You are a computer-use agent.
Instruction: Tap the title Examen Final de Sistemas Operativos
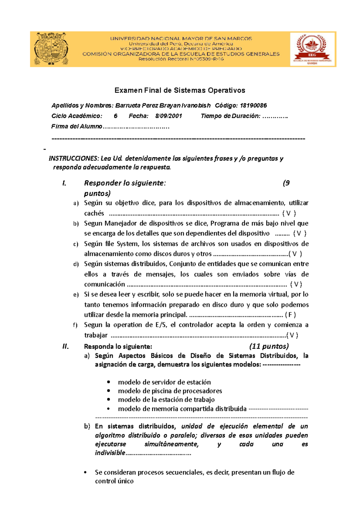tap(180, 90)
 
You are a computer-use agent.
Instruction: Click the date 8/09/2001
tap(169, 116)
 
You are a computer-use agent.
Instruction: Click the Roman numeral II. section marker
tap(65, 347)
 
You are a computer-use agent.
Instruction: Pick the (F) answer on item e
tap(290, 315)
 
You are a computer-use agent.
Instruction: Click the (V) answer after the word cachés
tap(289, 213)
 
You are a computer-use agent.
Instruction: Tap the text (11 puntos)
tap(269, 347)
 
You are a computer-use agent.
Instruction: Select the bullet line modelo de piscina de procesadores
tap(170, 391)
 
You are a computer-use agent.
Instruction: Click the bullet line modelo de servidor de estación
tap(164, 382)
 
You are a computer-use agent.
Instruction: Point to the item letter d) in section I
tap(76, 264)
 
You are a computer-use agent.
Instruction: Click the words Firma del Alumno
tap(77, 127)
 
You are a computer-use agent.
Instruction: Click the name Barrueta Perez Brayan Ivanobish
tap(163, 106)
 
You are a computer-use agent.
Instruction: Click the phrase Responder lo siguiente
tap(124, 183)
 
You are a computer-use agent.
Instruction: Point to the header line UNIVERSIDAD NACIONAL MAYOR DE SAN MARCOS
tap(181, 38)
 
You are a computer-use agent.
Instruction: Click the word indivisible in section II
tap(110, 453)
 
